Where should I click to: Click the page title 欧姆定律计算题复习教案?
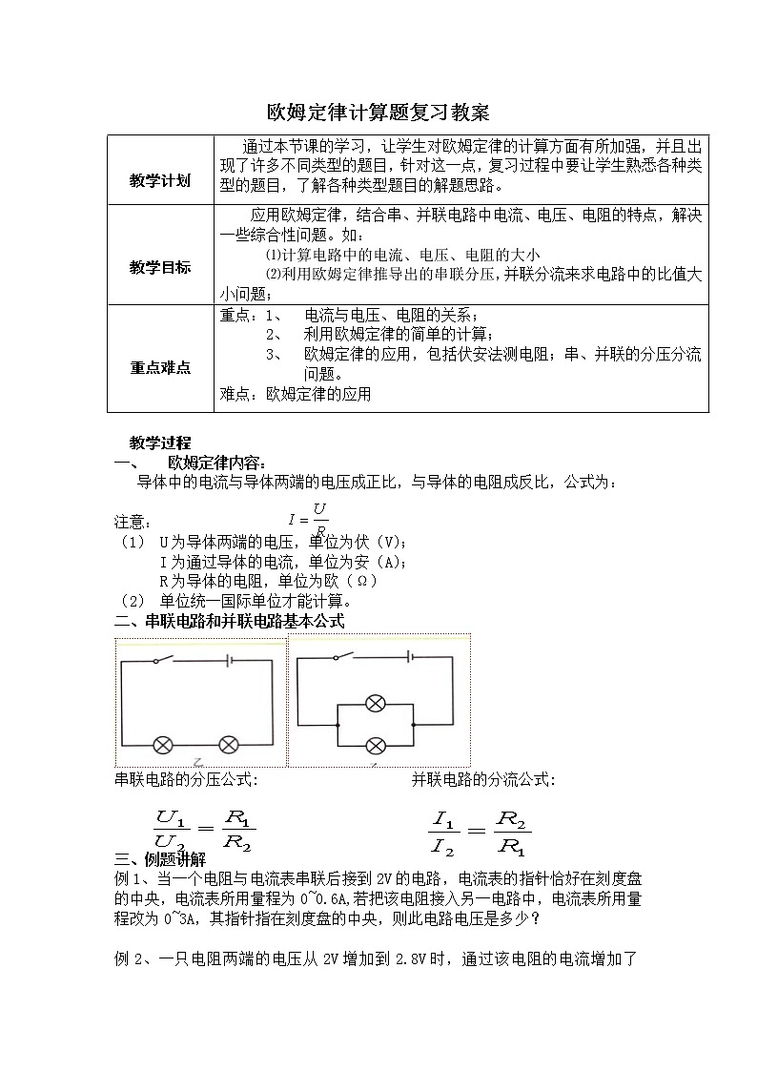(x=378, y=113)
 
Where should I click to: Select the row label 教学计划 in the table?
(x=160, y=180)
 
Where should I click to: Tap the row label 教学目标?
(x=160, y=267)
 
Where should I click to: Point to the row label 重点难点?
(x=160, y=367)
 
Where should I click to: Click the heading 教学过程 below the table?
(x=160, y=443)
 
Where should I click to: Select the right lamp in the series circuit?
(x=229, y=744)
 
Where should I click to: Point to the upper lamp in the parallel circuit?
(x=377, y=704)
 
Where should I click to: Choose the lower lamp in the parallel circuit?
(x=377, y=745)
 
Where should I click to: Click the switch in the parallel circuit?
(x=340, y=656)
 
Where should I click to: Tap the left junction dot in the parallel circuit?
(x=338, y=725)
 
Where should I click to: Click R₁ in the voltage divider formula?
(x=238, y=817)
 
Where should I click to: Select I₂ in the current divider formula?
(x=443, y=844)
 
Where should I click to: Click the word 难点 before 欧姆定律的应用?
(x=235, y=393)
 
